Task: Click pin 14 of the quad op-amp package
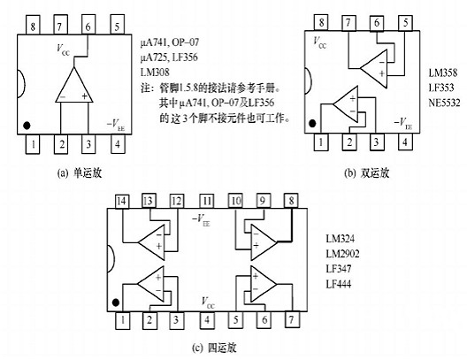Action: coord(122,202)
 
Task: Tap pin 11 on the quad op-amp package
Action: coord(207,202)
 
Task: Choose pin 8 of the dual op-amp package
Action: coord(319,20)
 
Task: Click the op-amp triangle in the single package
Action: coord(73,86)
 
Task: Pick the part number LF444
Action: coord(341,283)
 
